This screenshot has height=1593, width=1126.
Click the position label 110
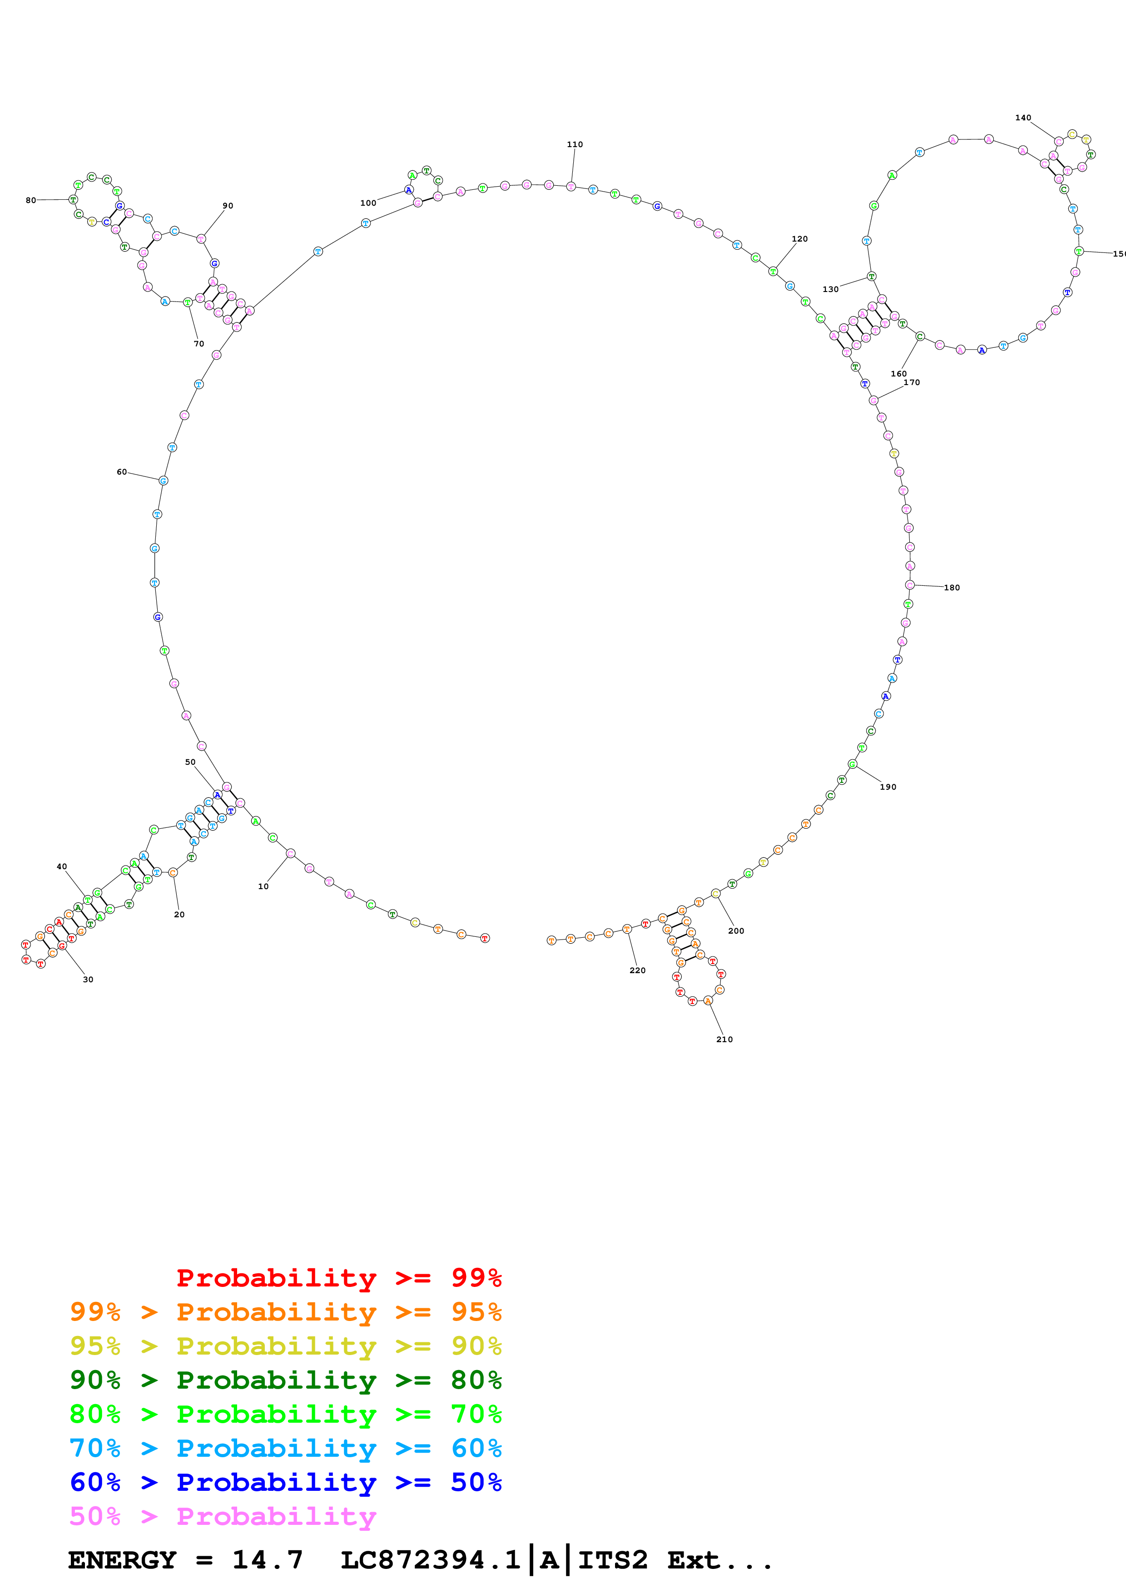coord(575,144)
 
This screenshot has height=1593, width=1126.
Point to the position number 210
coord(724,1039)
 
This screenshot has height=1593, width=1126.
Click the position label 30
coord(88,980)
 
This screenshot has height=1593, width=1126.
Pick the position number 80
coord(30,201)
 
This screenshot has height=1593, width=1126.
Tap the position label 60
coord(121,472)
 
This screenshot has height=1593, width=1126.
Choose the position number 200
coord(736,931)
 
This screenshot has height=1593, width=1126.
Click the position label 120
coord(799,239)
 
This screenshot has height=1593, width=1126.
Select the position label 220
coord(637,970)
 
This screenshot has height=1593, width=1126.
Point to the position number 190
coord(888,787)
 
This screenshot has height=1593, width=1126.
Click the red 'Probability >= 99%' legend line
coord(338,1278)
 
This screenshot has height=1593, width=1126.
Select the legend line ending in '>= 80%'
coord(285,1380)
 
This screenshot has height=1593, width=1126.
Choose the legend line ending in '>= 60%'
coord(285,1448)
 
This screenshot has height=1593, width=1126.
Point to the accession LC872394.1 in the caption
coord(430,1560)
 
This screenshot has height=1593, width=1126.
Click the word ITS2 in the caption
coord(613,1560)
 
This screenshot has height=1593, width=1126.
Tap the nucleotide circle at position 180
coord(909,585)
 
